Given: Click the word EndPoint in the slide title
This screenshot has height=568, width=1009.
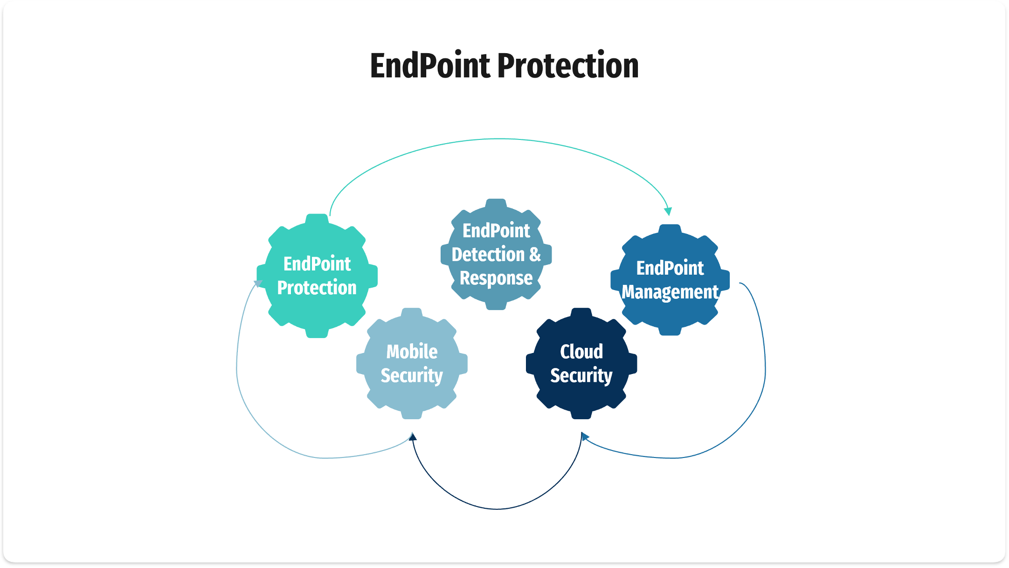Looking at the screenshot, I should [430, 66].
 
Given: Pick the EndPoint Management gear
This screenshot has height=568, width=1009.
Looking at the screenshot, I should [670, 317].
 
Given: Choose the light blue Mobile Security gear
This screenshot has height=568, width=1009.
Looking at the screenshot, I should [412, 401].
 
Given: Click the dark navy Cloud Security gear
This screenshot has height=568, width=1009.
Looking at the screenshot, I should [581, 401].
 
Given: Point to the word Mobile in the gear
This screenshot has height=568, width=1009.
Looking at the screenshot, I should [412, 352].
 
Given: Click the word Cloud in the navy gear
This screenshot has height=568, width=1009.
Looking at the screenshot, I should [581, 352].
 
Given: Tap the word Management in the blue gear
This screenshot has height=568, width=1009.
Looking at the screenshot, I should [670, 292].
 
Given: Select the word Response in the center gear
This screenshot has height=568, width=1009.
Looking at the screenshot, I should [496, 278].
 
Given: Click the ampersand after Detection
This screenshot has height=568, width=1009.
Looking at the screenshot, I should [535, 255].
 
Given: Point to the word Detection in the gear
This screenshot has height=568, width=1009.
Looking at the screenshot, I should [488, 255].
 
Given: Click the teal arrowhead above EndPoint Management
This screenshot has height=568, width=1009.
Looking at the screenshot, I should [668, 211].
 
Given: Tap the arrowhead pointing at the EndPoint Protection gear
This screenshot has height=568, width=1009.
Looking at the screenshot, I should [257, 284].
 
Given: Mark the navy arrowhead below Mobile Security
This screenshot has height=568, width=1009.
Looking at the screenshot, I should [412, 436].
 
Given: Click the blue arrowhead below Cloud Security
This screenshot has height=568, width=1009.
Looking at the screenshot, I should [585, 437].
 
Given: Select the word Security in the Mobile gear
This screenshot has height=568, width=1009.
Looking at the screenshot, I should [412, 376].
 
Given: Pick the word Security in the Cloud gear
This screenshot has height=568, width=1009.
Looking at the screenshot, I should [581, 376].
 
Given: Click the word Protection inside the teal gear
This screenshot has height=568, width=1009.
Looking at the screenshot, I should [317, 288].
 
